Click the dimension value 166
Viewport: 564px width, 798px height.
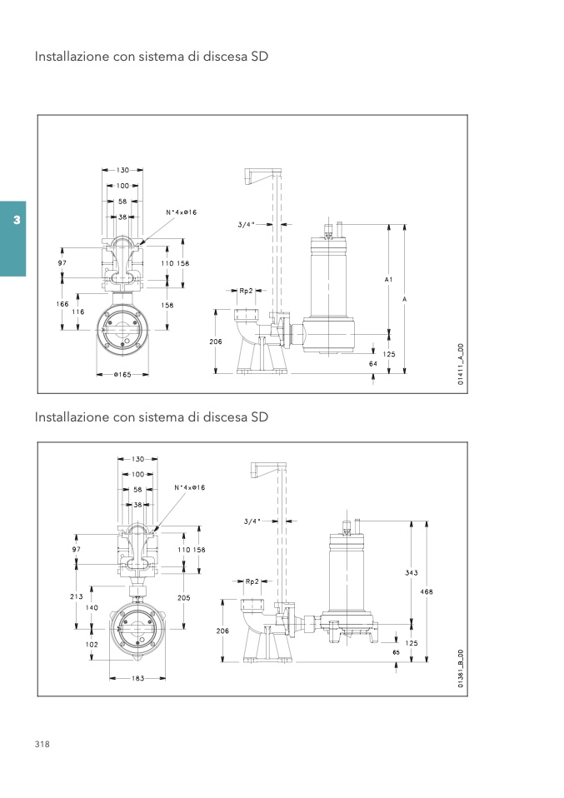62,304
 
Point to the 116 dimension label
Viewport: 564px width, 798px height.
77,312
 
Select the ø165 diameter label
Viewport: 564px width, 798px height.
122,375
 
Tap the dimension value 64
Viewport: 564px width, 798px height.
373,364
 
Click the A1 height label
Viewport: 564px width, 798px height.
389,279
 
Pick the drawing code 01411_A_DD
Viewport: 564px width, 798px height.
461,364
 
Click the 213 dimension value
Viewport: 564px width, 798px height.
77,596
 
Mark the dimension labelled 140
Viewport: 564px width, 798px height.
92,607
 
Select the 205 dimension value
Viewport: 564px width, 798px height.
184,597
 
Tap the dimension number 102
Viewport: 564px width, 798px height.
92,644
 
